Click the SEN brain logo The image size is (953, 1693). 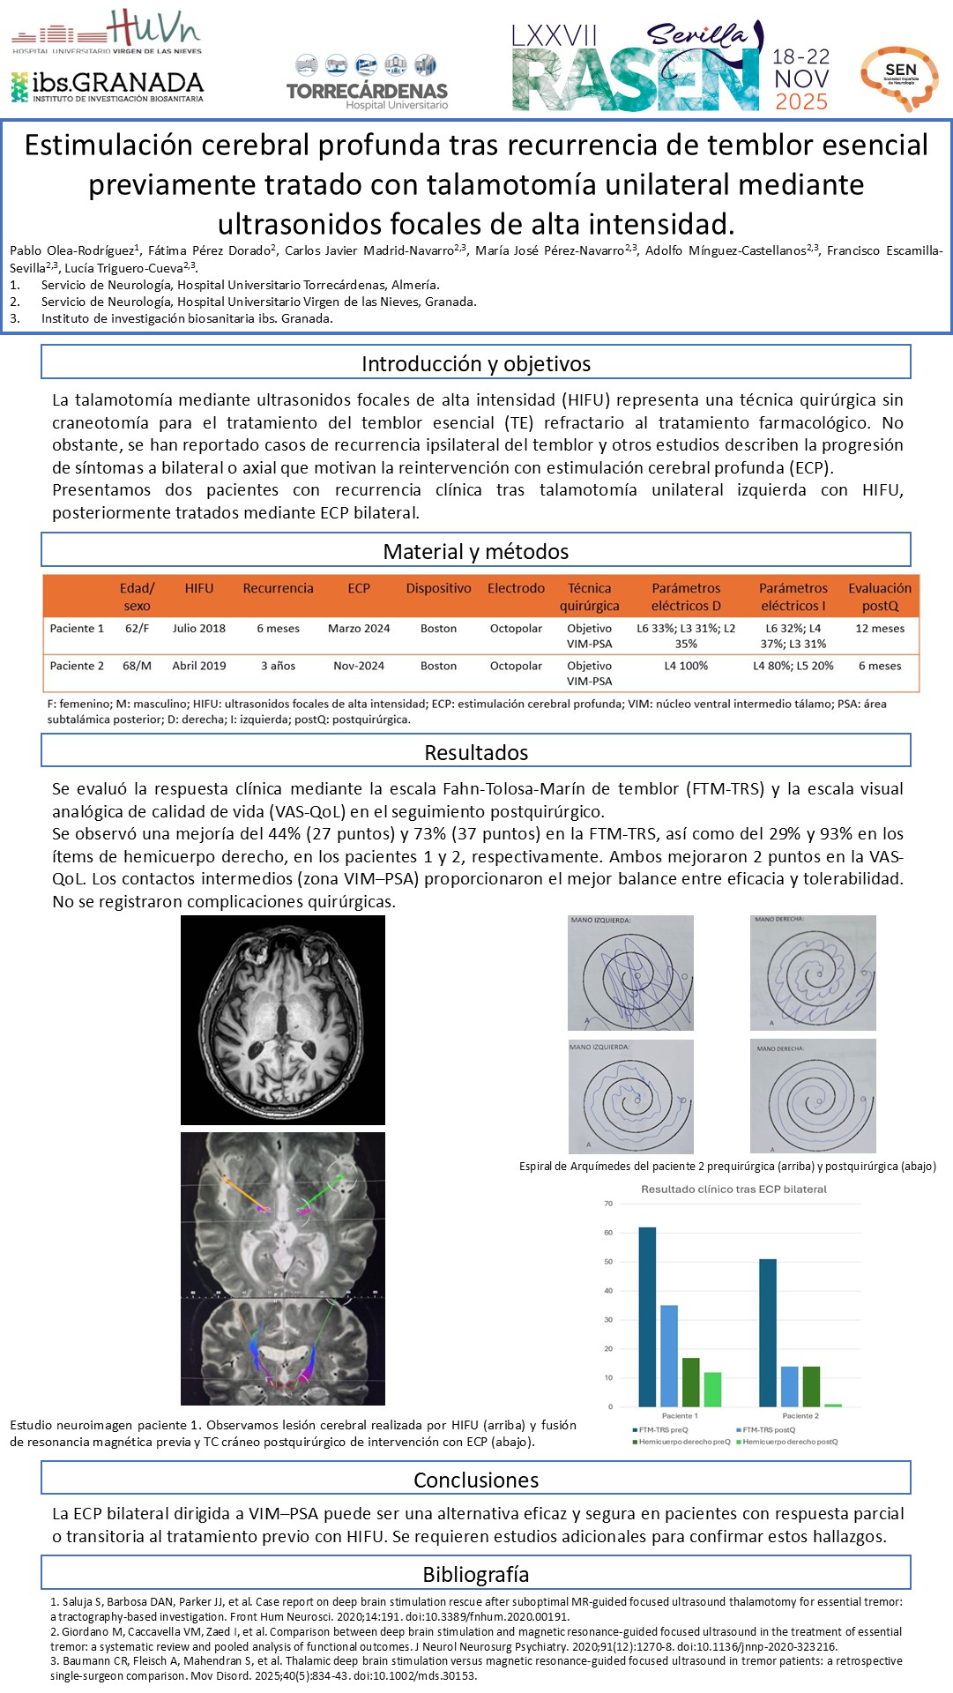[x=899, y=78]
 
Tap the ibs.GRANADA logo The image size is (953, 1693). [x=108, y=86]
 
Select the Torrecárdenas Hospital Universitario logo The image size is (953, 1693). [x=367, y=83]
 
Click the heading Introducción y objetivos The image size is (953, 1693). [x=476, y=363]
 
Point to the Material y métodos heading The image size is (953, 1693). [x=476, y=551]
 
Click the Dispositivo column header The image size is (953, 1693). [x=438, y=588]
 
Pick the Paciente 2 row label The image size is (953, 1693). [x=77, y=666]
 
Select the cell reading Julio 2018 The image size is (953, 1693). [x=199, y=629]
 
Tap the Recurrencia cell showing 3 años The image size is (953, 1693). [x=278, y=666]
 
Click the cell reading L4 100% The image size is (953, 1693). [x=686, y=666]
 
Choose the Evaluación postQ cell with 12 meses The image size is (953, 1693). [x=880, y=629]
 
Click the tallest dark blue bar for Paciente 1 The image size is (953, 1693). [x=647, y=1316]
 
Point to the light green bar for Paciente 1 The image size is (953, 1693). [x=712, y=1389]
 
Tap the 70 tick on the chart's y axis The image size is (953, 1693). [x=608, y=1204]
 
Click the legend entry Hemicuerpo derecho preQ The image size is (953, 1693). [x=682, y=1442]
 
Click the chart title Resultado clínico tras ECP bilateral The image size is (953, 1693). [x=733, y=1189]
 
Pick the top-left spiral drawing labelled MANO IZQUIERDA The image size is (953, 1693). [x=630, y=973]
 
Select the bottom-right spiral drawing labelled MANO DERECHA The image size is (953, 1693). [x=813, y=1096]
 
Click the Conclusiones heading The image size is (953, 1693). [x=476, y=1480]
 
